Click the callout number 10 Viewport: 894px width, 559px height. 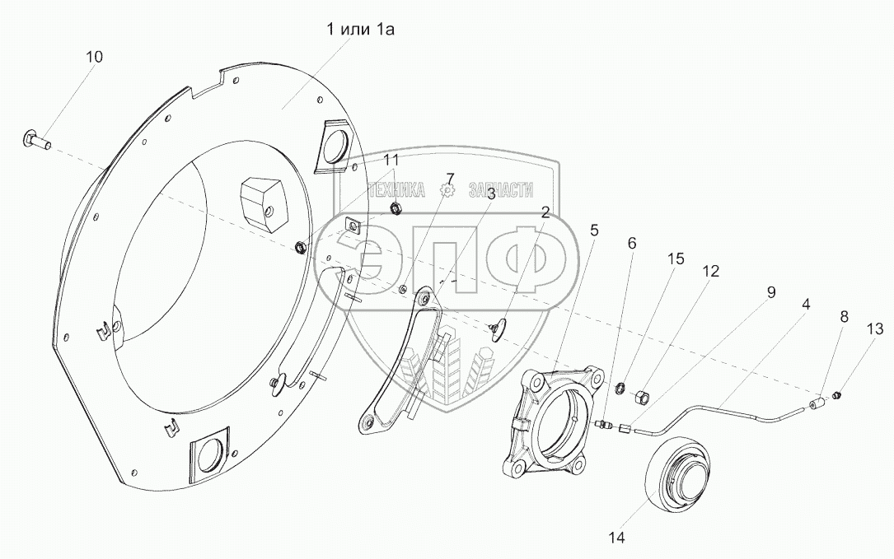[x=95, y=57]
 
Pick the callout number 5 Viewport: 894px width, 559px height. [x=594, y=230]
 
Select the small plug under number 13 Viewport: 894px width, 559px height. [x=838, y=396]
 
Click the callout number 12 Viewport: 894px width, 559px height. [x=710, y=271]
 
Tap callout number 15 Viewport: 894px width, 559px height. [x=676, y=259]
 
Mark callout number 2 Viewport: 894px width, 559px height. [x=545, y=212]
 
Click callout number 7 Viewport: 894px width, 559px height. [x=450, y=178]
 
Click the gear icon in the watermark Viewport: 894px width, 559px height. [x=447, y=190]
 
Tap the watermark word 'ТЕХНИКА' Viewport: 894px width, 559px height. [x=397, y=190]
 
